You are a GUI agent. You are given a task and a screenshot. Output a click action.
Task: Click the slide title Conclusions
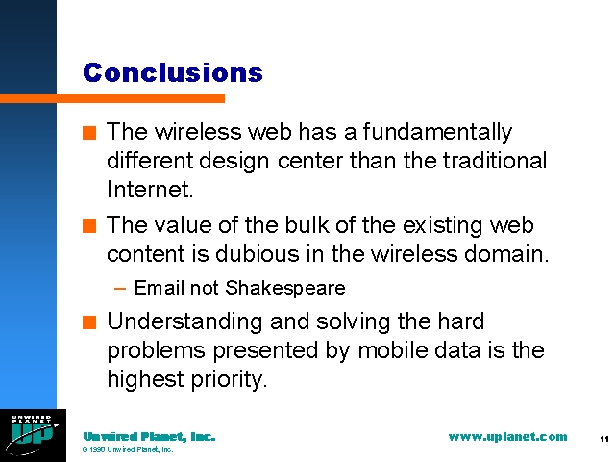click(x=173, y=73)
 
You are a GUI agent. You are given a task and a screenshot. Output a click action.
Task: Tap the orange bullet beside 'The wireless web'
click(x=89, y=133)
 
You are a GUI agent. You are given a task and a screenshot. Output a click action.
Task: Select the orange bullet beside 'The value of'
click(x=89, y=226)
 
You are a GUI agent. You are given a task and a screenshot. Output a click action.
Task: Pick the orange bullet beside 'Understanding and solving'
click(x=89, y=322)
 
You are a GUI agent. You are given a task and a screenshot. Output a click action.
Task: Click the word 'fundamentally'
click(x=437, y=132)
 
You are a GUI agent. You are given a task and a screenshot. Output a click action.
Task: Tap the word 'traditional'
click(x=495, y=161)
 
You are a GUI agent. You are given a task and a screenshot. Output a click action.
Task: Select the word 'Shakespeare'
click(x=285, y=288)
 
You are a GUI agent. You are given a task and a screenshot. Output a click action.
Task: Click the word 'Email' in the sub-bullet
click(x=160, y=288)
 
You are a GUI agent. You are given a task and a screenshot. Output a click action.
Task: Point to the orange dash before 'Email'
click(x=120, y=289)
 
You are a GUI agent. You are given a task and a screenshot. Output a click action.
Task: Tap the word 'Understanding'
click(x=184, y=322)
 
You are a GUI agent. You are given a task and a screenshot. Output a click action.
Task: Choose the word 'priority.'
click(x=229, y=379)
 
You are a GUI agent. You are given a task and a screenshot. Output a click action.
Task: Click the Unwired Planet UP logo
click(x=33, y=435)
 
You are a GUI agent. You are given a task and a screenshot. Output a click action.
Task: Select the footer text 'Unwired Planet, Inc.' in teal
click(x=149, y=437)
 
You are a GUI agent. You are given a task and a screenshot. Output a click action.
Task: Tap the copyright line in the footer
click(x=128, y=449)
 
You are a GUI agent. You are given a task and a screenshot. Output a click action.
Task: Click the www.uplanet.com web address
click(x=507, y=437)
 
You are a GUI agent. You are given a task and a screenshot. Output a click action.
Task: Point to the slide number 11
click(x=604, y=439)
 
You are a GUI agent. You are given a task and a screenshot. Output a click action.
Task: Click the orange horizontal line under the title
click(x=112, y=98)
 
